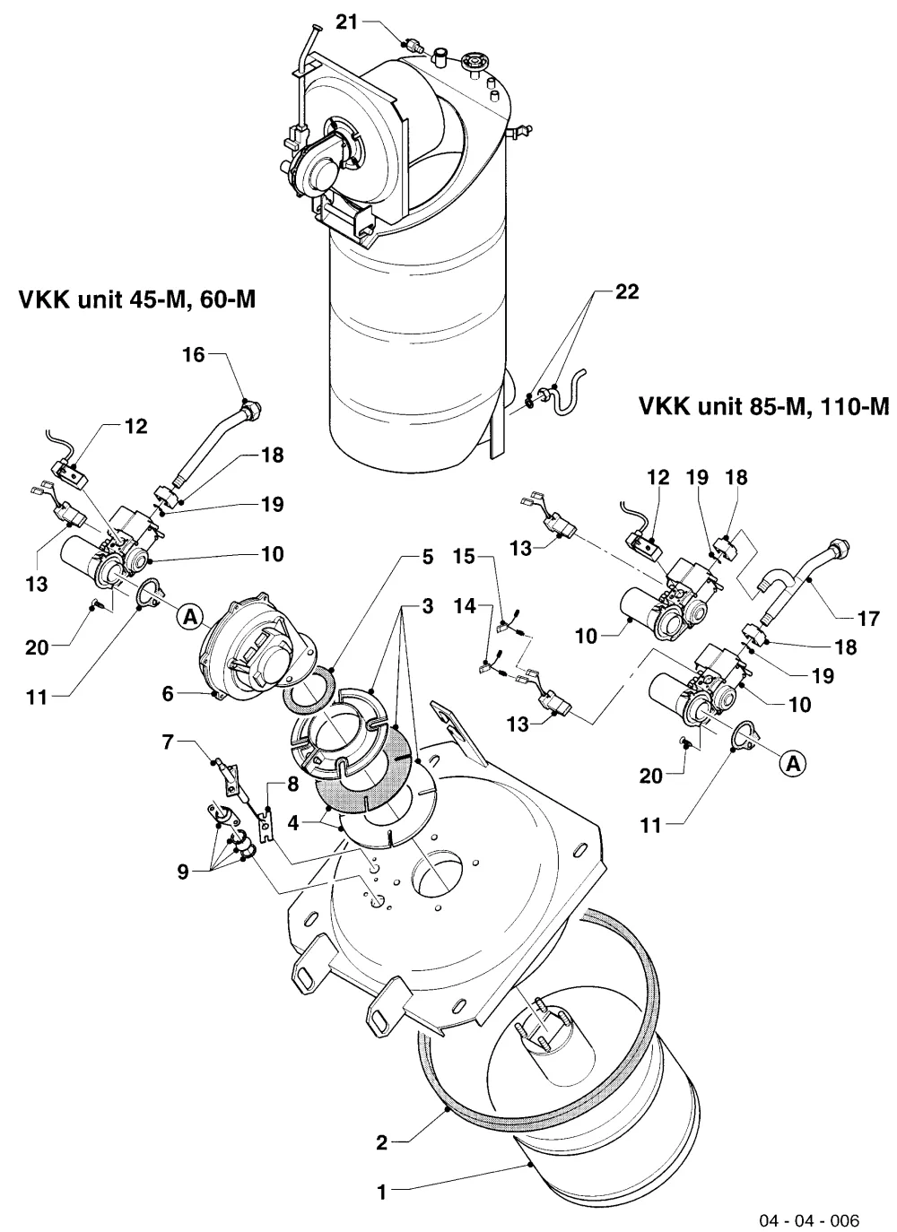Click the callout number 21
point(347,22)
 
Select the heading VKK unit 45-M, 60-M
point(137,300)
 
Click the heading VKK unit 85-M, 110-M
point(764,406)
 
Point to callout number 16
point(194,355)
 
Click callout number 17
point(869,619)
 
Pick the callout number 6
point(168,693)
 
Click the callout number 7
point(168,742)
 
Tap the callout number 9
point(183,872)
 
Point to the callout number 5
point(428,557)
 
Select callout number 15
point(464,556)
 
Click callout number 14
point(465,606)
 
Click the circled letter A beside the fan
point(190,617)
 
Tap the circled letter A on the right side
point(793,763)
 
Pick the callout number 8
point(292,784)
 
